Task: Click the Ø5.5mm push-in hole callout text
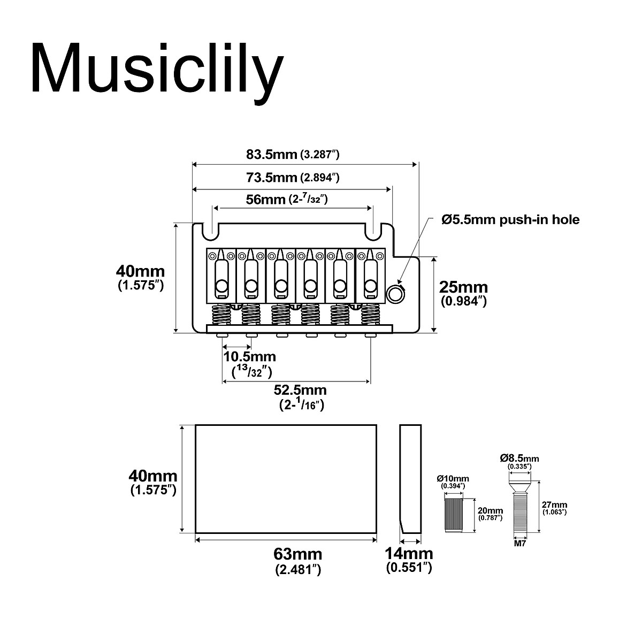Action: point(510,219)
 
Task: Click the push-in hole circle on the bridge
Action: point(395,293)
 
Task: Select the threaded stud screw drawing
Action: point(519,508)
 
